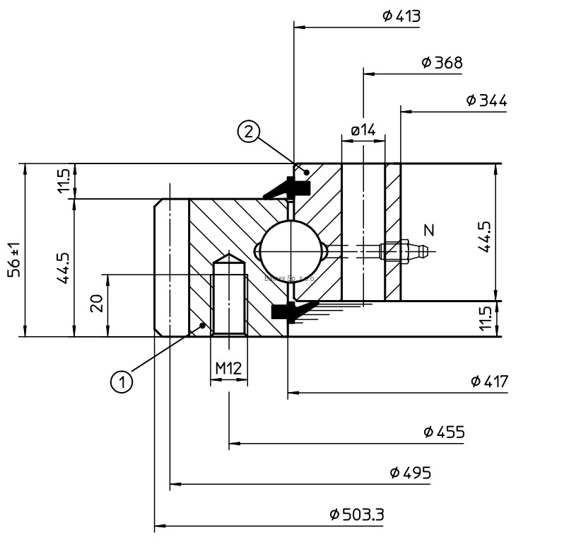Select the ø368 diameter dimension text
click(x=442, y=63)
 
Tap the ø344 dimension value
click(x=486, y=101)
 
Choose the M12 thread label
click(x=228, y=368)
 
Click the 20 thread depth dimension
click(x=98, y=303)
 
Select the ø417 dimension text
click(x=488, y=382)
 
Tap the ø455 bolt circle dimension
click(x=445, y=432)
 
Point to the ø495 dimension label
click(x=410, y=473)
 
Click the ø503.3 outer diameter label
click(x=357, y=515)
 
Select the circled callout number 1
click(x=122, y=382)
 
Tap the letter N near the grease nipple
click(x=428, y=229)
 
